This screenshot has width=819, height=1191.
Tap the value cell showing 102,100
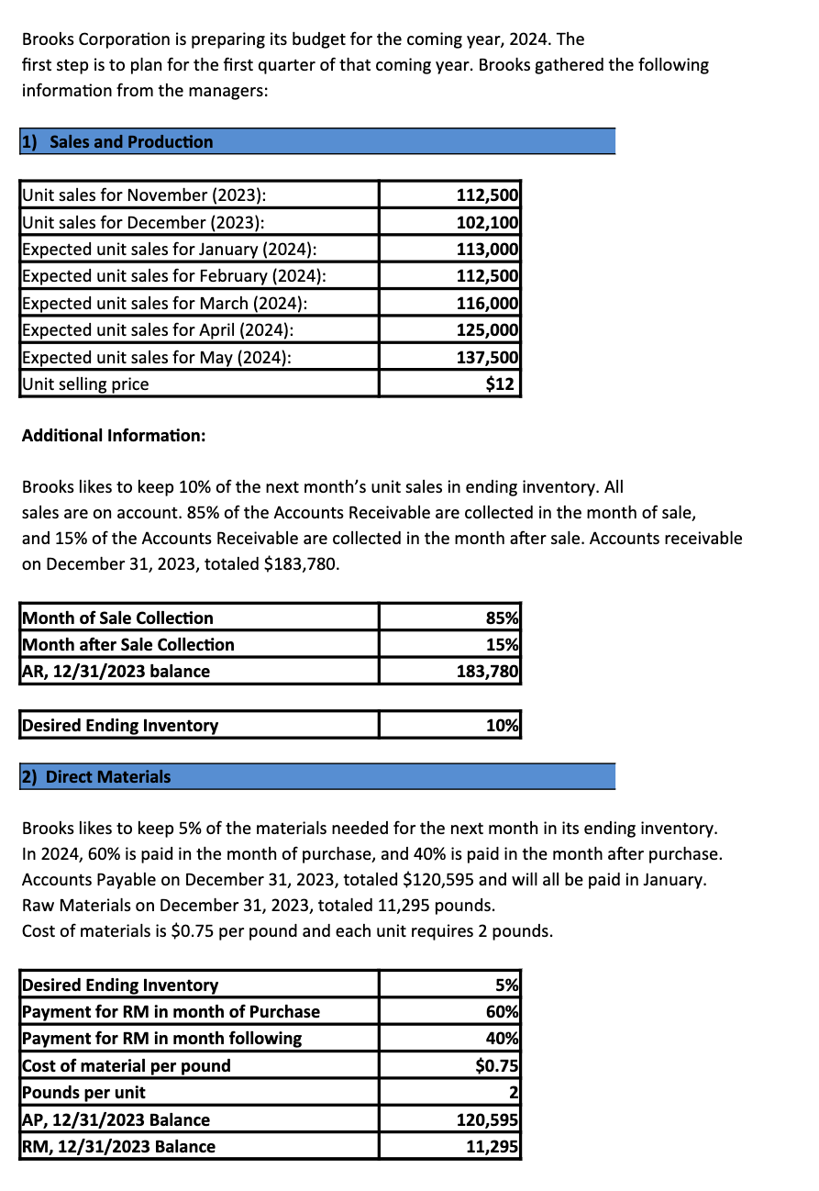pos(487,222)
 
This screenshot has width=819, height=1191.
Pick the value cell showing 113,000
pos(487,250)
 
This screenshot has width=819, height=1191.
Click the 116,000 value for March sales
pos(487,304)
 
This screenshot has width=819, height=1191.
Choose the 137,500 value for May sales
pos(487,358)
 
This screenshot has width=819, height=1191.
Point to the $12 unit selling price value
pos(501,384)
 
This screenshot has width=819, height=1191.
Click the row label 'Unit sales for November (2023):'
pos(144,195)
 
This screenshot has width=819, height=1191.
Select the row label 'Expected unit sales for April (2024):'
pos(157,330)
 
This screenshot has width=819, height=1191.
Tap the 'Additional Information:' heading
pos(114,435)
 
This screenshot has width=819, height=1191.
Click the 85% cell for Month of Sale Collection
pos(502,618)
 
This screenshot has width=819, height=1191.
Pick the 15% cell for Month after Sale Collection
pos(502,644)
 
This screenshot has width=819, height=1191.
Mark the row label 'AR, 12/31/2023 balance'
pos(116,672)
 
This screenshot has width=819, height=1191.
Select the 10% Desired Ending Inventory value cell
pos(502,725)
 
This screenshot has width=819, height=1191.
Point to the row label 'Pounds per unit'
pos(83,1093)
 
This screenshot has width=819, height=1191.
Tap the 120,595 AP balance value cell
pos(487,1119)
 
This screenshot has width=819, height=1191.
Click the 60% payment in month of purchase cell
pos(502,1012)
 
